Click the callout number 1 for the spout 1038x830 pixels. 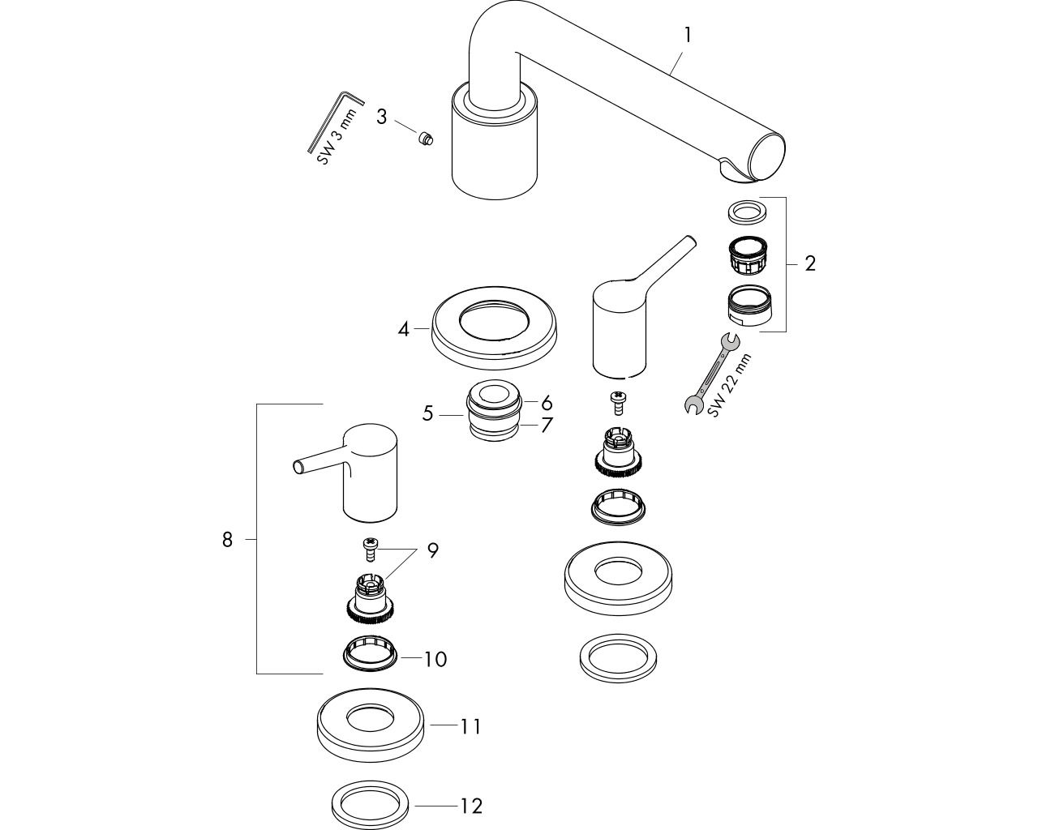click(x=688, y=35)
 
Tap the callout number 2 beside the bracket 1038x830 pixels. click(x=810, y=263)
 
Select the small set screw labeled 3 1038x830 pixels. click(x=426, y=139)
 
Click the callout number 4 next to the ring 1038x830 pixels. click(x=403, y=330)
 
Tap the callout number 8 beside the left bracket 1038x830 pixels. click(x=227, y=540)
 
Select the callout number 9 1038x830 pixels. click(x=433, y=550)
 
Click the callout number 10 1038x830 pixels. click(x=435, y=659)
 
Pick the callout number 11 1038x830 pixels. click(x=470, y=727)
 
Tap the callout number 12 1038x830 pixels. click(x=471, y=806)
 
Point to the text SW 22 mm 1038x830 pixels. click(x=730, y=386)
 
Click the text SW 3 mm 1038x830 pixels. click(x=337, y=137)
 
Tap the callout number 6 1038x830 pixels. click(x=547, y=403)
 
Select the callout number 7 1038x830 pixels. click(x=547, y=426)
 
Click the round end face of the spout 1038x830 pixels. click(x=767, y=158)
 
